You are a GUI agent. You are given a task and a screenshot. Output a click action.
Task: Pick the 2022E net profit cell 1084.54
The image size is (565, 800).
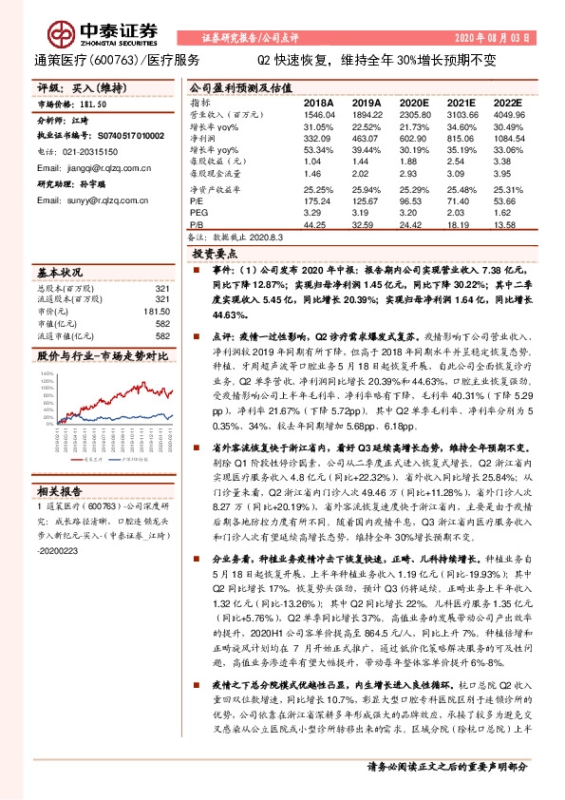point(509,138)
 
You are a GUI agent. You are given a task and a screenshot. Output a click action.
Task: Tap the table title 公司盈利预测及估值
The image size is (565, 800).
point(233,85)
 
